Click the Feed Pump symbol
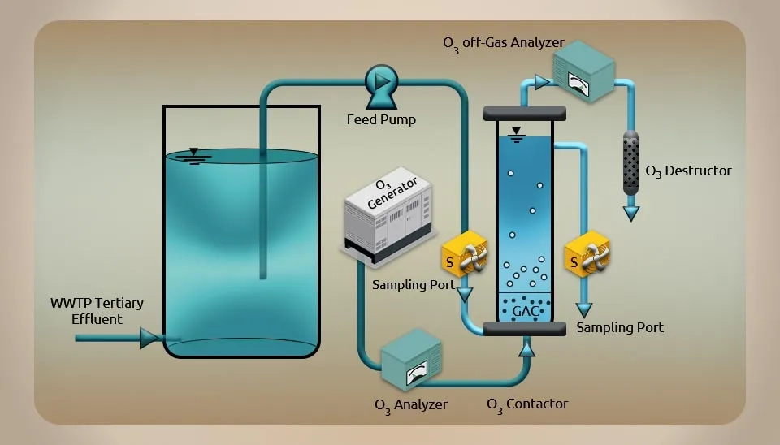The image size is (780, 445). [380, 84]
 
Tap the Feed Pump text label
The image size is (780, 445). [381, 120]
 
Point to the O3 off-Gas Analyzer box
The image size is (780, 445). [583, 72]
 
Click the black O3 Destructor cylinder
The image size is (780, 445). [631, 162]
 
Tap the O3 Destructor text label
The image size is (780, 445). [688, 171]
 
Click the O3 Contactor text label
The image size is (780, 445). [527, 404]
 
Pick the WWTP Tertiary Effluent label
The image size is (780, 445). [97, 311]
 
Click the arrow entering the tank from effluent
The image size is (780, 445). [149, 338]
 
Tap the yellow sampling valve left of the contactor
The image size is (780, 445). [464, 257]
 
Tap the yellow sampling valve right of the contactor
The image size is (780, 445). [587, 257]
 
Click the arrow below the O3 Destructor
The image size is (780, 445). [631, 213]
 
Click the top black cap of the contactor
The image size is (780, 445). [524, 112]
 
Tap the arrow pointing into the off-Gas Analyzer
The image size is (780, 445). [542, 81]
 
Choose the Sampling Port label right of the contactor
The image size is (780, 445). [619, 327]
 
